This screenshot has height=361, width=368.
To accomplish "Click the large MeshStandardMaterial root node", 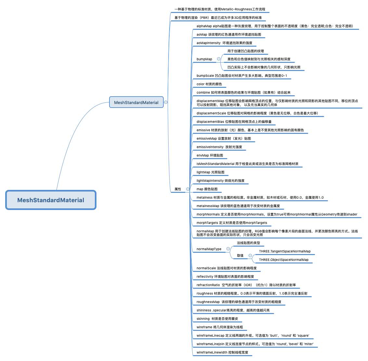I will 51,200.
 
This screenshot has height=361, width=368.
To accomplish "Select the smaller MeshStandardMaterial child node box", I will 136,102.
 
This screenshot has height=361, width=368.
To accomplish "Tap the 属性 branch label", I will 178,189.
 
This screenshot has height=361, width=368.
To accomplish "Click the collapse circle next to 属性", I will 188,189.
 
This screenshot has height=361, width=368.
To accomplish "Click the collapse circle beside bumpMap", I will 219,59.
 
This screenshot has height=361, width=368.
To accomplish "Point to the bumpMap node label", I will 204,59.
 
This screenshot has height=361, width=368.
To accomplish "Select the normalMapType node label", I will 209,249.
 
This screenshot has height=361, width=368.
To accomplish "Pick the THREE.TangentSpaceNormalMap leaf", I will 285,251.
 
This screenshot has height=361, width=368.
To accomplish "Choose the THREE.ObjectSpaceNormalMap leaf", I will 284,260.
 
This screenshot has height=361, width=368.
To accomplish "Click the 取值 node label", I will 240,255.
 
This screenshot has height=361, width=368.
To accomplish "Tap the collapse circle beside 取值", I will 250,255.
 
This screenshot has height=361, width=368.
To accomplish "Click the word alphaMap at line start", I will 204,26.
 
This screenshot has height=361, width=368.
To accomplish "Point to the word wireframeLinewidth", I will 211,352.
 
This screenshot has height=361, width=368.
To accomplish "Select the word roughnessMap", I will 208,302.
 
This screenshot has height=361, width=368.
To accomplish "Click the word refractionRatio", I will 208,285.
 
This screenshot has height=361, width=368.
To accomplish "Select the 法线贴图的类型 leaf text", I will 248,243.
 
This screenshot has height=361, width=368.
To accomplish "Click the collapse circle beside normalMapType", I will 228,249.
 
